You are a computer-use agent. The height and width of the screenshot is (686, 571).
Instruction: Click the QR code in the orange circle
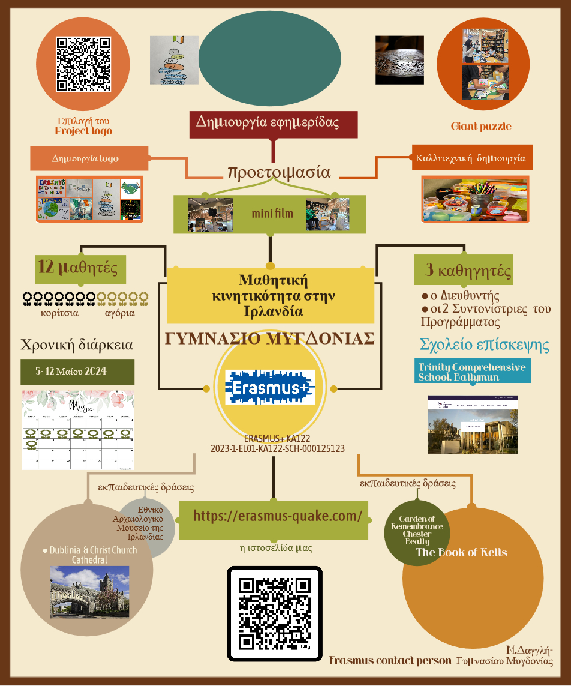pos(83,64)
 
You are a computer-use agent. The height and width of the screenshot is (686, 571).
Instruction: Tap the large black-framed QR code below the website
pos(275,613)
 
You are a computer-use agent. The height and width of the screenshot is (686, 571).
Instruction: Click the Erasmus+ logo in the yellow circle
pos(270,387)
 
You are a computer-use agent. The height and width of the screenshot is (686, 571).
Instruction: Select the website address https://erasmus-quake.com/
pos(278,516)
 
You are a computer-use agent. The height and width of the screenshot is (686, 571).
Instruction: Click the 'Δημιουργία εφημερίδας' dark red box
pos(273,123)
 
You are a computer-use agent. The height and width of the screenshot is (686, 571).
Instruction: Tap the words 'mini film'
pos(268,213)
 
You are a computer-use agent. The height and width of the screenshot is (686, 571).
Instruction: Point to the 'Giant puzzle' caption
pos(481,126)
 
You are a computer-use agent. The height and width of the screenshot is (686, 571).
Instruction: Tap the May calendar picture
pos(78,430)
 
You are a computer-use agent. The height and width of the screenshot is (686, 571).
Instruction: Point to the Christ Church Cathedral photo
pos(89,592)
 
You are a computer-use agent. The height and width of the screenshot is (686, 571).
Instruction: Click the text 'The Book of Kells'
pos(462,552)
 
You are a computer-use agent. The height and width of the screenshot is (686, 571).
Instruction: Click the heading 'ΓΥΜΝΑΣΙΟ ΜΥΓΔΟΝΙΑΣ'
pos(270,338)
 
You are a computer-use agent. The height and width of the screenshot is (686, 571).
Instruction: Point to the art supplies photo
pos(476,199)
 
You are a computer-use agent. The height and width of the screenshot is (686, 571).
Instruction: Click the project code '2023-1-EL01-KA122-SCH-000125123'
pos(277,448)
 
